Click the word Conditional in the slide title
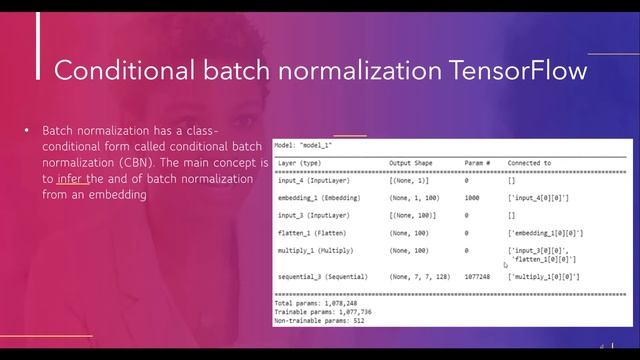[x=111, y=70]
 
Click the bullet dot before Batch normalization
[x=27, y=131]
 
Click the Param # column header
[x=477, y=163]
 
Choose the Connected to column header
[x=529, y=163]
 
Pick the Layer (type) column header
[x=299, y=163]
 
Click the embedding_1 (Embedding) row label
[x=318, y=198]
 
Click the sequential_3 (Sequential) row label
[x=322, y=276]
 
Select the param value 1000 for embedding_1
[x=473, y=198]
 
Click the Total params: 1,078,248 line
[x=314, y=302]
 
